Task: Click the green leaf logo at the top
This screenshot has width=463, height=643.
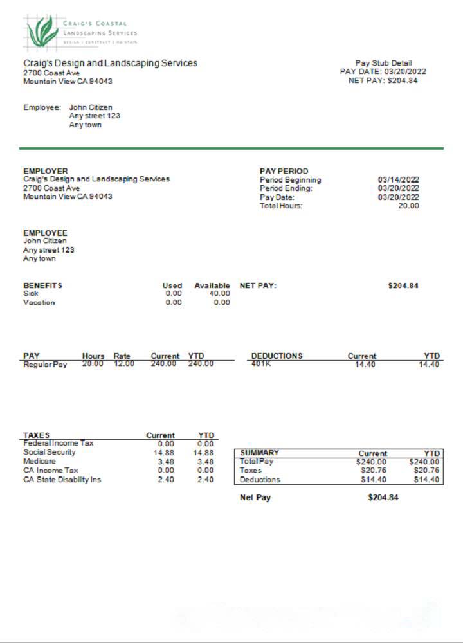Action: coord(42,32)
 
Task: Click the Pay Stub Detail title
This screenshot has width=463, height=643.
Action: coord(383,63)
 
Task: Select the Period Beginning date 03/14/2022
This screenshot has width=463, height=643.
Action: coord(398,180)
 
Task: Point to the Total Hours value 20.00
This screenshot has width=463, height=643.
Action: coord(408,206)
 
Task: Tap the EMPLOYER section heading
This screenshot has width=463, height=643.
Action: coord(45,171)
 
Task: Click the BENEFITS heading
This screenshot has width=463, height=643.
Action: coord(42,285)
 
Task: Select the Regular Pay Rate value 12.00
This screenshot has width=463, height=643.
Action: coord(123,365)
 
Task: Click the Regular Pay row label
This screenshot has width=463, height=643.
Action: coord(45,365)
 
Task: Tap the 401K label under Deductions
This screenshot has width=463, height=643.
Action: coord(261,365)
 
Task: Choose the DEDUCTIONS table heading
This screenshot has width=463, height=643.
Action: coord(277,356)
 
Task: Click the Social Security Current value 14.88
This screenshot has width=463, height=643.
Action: coord(167,452)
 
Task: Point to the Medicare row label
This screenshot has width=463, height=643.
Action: coord(39,461)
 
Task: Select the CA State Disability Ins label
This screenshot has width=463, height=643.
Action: coord(62,479)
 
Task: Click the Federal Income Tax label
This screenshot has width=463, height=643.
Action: coord(58,443)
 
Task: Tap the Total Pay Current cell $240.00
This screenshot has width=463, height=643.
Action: coord(372,462)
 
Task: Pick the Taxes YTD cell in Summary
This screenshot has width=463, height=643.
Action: coord(424,471)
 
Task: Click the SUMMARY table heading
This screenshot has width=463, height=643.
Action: coord(259,453)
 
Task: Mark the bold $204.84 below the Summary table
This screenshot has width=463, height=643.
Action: coord(383,498)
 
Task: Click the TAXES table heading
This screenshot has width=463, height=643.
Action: coord(36,435)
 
